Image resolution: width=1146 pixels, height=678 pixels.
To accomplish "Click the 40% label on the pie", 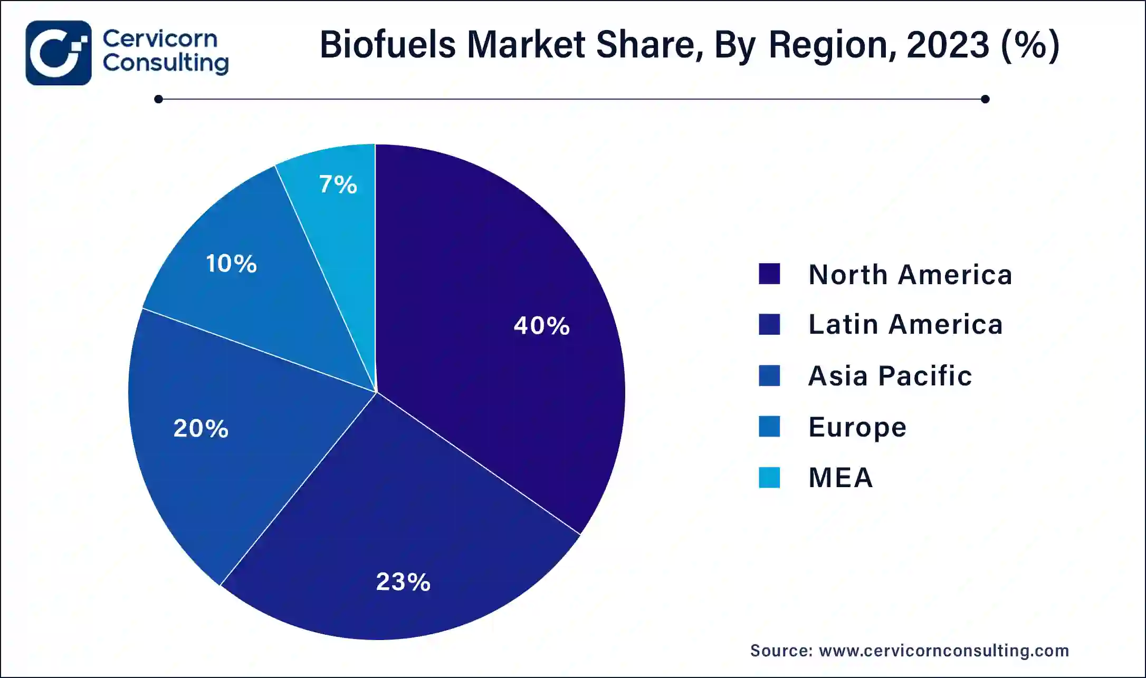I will point(542,326).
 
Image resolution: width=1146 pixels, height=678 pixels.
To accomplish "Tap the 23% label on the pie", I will point(403,582).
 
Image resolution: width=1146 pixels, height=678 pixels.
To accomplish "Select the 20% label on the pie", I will point(201,428).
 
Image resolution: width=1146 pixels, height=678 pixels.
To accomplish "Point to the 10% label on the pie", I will point(231,264).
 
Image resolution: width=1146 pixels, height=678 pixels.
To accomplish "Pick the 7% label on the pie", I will point(338,185).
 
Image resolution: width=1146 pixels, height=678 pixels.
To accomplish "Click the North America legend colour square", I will point(769,274).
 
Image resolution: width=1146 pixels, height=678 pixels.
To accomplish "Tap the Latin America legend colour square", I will point(769,324).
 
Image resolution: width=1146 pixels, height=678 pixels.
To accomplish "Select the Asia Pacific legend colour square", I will point(769,375).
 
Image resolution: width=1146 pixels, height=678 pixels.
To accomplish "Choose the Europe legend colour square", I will point(769,427).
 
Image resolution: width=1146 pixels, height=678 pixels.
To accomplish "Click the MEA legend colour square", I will point(769,478).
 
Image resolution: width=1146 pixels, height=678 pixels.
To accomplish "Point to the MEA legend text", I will point(841,478).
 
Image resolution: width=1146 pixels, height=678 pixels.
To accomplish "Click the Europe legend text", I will point(857,427).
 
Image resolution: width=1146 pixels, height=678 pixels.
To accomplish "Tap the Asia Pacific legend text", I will point(890,376).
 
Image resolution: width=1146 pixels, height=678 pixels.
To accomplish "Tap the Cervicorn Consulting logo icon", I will point(59,53).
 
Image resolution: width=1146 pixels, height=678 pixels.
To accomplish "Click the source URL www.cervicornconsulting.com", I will point(944,651).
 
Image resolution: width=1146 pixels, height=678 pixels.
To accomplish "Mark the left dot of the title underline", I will point(158,99).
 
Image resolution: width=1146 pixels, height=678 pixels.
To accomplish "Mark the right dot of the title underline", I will point(985,99).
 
